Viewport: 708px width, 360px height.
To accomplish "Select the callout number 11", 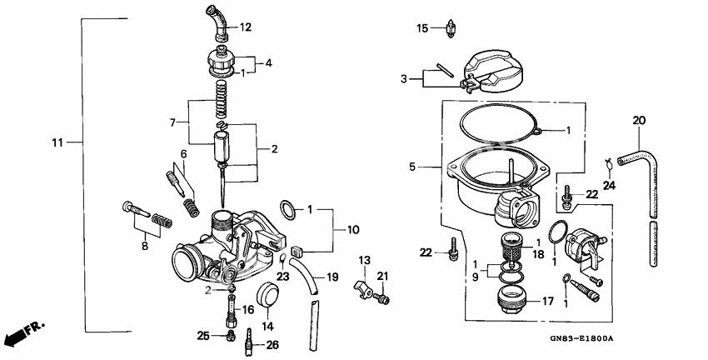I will coord(57,142).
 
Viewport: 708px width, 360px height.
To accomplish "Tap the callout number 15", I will coord(423,29).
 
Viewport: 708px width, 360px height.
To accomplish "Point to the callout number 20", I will coord(638,121).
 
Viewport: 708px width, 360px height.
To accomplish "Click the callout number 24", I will coord(609,185).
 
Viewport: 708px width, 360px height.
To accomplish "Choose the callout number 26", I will coord(273,344).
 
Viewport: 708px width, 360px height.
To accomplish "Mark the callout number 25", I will coord(203,335).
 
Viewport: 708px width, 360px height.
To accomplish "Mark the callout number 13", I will coord(364,261).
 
